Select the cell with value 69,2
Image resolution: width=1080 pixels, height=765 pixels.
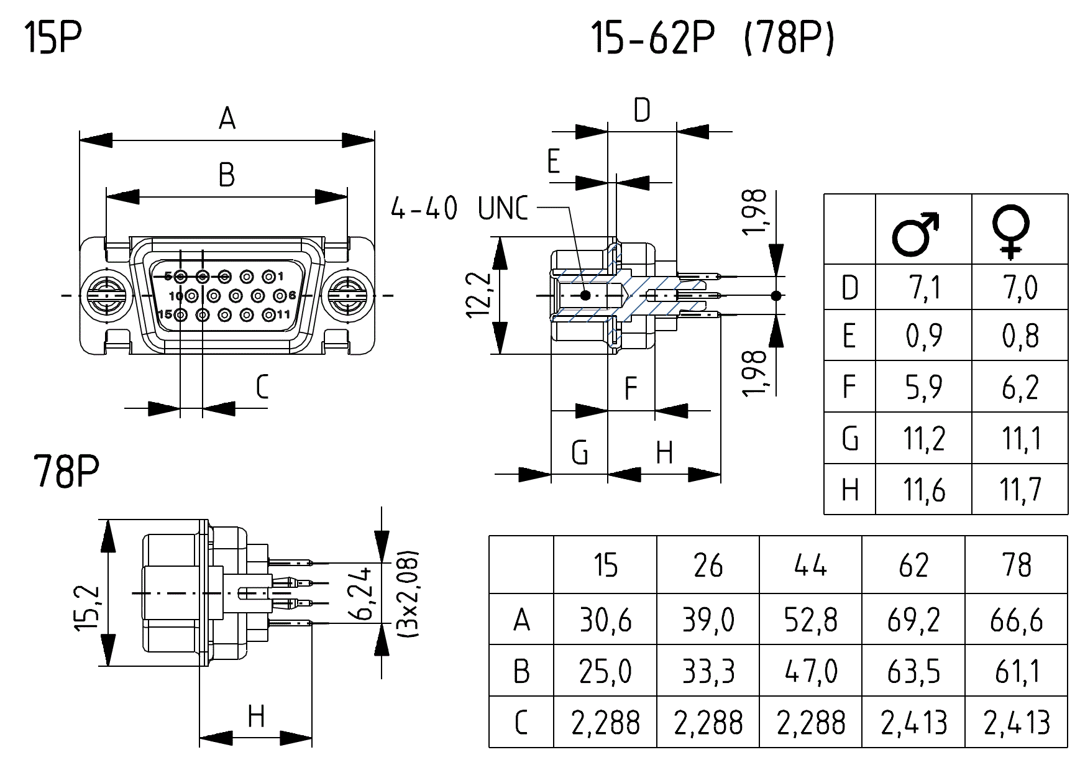coord(913,620)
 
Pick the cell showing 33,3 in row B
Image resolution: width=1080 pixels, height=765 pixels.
coord(708,672)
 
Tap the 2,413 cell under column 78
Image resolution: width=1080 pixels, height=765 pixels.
coord(1017,723)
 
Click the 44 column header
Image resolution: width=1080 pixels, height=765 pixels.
coord(810,566)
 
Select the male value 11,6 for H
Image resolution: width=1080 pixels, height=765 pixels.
coord(924,490)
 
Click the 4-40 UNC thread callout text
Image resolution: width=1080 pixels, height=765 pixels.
coord(459,209)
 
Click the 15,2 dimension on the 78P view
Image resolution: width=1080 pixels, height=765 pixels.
coord(87,608)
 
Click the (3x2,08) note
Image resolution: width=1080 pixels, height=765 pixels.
coord(408,593)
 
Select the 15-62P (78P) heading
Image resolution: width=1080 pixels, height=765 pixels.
coord(712,39)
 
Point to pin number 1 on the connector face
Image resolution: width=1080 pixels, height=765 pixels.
coord(270,277)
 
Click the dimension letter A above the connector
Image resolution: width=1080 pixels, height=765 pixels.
coord(227,118)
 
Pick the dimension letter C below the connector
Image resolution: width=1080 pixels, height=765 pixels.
coord(262,387)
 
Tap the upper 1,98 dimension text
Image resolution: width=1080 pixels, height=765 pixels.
coord(756,212)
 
